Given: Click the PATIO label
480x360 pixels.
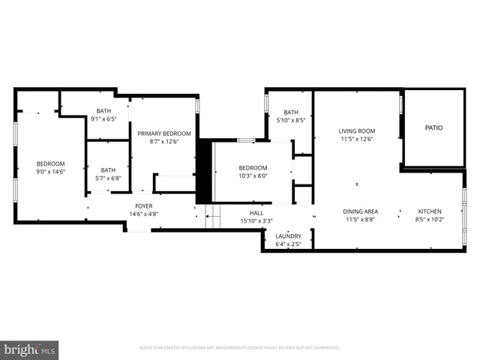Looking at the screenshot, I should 433,127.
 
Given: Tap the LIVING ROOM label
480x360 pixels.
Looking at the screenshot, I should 356,130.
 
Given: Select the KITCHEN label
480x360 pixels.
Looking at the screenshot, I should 430,211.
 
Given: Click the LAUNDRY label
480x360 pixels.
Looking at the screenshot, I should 288,236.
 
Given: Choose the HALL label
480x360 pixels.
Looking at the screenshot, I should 256,212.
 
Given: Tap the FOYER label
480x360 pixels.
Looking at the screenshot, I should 144,205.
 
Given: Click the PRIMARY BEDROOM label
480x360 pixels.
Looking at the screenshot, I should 164,133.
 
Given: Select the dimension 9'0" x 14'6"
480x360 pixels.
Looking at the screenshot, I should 51,172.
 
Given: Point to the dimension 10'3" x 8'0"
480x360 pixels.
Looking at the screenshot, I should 253,176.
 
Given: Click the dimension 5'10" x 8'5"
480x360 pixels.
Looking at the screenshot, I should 290,120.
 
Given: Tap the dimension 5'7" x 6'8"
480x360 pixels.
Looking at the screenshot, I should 108,178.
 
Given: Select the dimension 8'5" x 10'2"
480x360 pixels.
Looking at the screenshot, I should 430,220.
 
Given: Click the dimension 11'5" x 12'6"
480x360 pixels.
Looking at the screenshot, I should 356,139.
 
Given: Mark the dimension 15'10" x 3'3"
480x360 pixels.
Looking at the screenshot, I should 256,220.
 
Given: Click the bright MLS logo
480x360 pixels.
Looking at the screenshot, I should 30,349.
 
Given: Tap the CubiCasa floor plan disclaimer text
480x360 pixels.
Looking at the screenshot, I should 240,348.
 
